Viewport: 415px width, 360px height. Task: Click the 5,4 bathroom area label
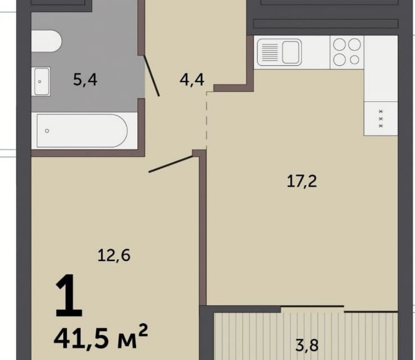pos(85,80)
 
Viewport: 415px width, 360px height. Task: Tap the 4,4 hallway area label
pos(192,80)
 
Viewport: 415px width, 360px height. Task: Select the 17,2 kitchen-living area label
pos(302,182)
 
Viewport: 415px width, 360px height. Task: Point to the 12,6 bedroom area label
pos(114,256)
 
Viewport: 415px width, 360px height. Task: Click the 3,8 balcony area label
pos(307,345)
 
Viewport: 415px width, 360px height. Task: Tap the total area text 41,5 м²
pos(101,336)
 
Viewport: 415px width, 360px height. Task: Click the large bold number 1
pos(69,296)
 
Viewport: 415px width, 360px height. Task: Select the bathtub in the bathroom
pos(82,130)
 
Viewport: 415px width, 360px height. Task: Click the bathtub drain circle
pos(47,130)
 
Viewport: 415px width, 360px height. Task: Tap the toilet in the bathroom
pos(47,41)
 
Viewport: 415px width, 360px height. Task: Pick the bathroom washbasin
pos(41,81)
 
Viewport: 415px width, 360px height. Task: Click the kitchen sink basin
pos(291,52)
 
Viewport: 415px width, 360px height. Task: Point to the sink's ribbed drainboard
pos(269,52)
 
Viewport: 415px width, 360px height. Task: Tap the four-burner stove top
pos(347,52)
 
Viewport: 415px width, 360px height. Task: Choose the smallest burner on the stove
pos(354,60)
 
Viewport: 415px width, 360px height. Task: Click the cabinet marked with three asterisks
pos(381,118)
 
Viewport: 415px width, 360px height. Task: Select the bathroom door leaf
pos(151,75)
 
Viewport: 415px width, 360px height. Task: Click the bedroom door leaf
pos(171,164)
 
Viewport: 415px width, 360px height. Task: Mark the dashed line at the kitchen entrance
pos(206,121)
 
